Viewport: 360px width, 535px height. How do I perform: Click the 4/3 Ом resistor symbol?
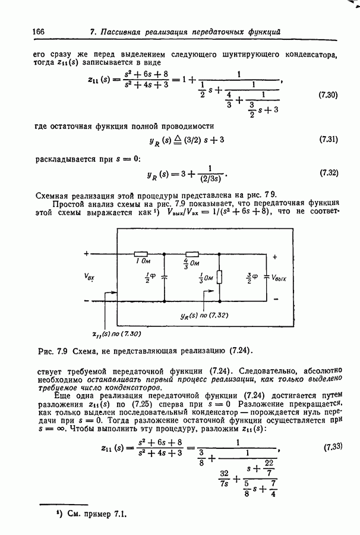192,254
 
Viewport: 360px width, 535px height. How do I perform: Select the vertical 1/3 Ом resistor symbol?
220,277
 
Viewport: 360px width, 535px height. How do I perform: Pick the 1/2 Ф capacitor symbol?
164,277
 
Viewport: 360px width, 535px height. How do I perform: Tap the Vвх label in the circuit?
91,276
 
